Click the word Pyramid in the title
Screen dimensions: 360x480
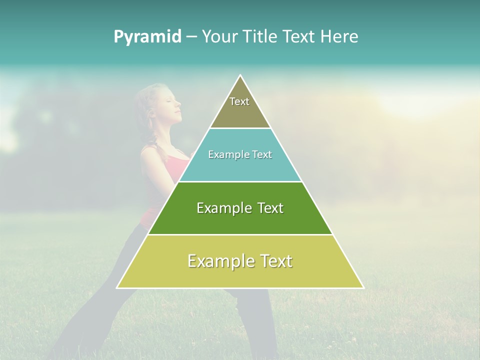[147, 37]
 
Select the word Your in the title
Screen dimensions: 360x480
[219, 37]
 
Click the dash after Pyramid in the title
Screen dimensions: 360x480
[190, 37]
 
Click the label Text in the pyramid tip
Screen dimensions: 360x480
[239, 101]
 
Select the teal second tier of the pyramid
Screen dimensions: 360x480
[240, 167]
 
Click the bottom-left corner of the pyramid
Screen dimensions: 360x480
[117, 287]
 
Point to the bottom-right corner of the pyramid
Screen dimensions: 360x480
[363, 287]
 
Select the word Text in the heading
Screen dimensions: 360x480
[300, 37]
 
